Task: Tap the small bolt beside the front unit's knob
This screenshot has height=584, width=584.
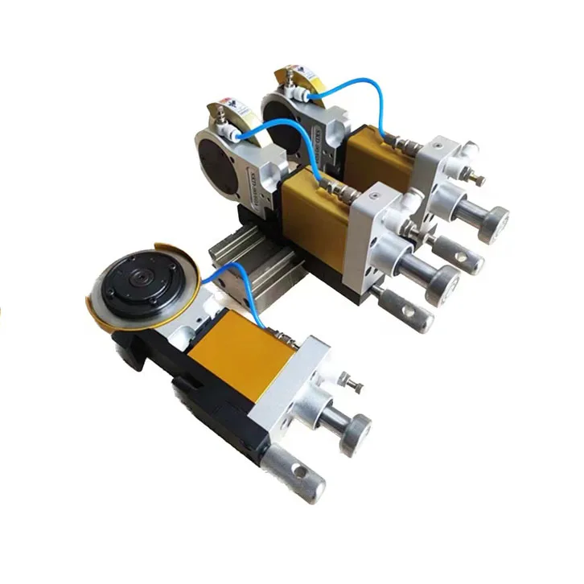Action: point(348,378)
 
